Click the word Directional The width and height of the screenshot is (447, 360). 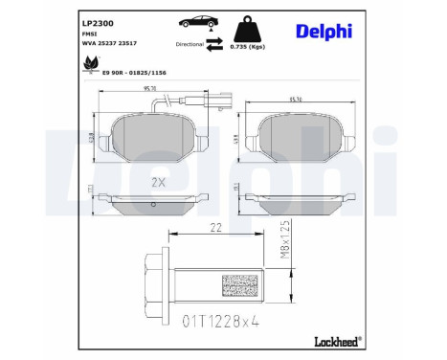click(190, 44)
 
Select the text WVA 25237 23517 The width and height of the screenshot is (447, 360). click(107, 44)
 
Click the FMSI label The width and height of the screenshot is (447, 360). click(87, 34)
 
